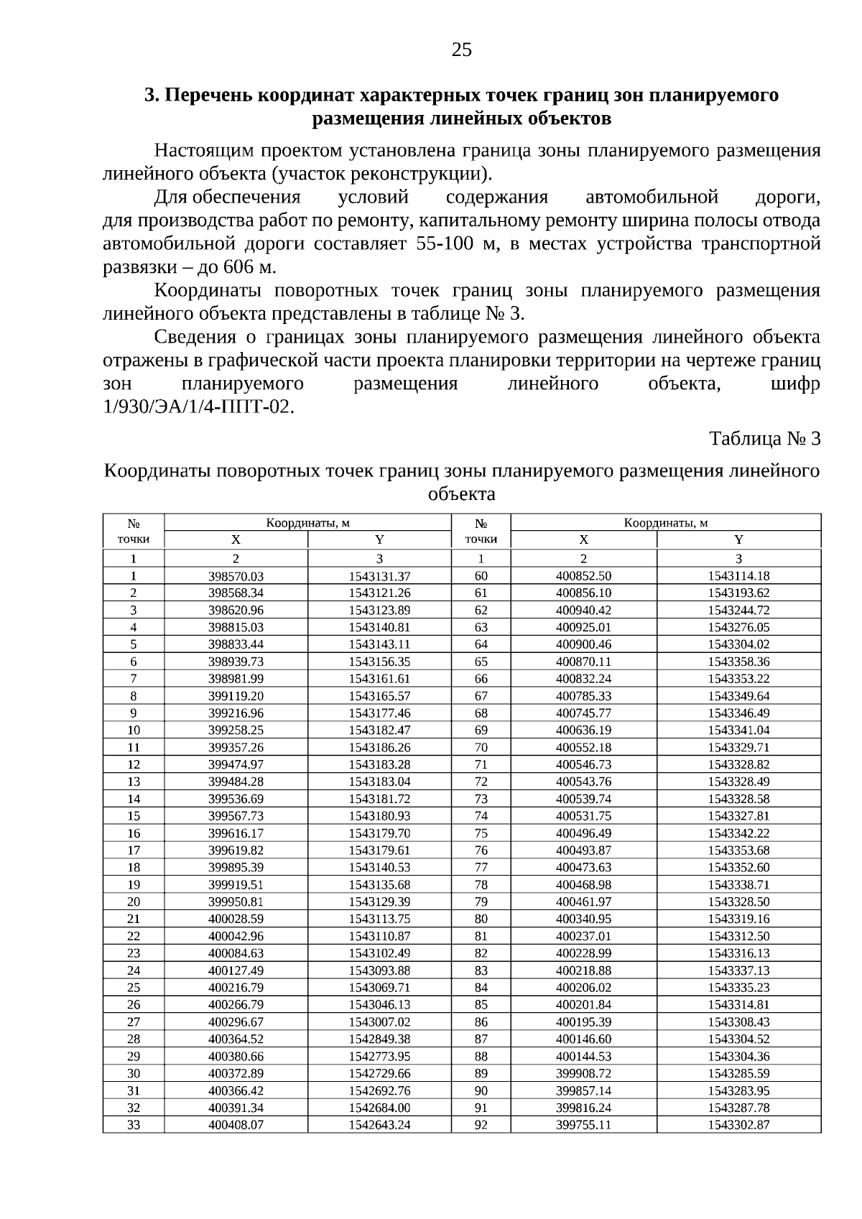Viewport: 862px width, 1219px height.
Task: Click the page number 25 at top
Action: click(462, 50)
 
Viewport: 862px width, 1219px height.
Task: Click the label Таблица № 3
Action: click(764, 439)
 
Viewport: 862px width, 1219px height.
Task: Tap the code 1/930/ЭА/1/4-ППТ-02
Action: click(199, 407)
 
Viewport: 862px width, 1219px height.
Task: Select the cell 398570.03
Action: click(236, 576)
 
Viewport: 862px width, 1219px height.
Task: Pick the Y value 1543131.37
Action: click(379, 576)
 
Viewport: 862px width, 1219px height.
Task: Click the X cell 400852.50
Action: click(583, 575)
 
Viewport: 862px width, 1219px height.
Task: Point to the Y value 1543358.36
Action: click(738, 662)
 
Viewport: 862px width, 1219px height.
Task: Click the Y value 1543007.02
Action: click(379, 1021)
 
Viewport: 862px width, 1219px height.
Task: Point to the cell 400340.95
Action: click(583, 919)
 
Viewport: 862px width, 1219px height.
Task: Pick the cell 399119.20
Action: click(236, 696)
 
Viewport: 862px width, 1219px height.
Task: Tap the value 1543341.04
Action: click(738, 730)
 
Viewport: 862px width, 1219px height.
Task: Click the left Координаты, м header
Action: click(307, 523)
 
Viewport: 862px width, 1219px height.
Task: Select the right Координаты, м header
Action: click(665, 523)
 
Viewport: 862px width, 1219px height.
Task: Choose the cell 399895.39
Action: click(236, 867)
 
